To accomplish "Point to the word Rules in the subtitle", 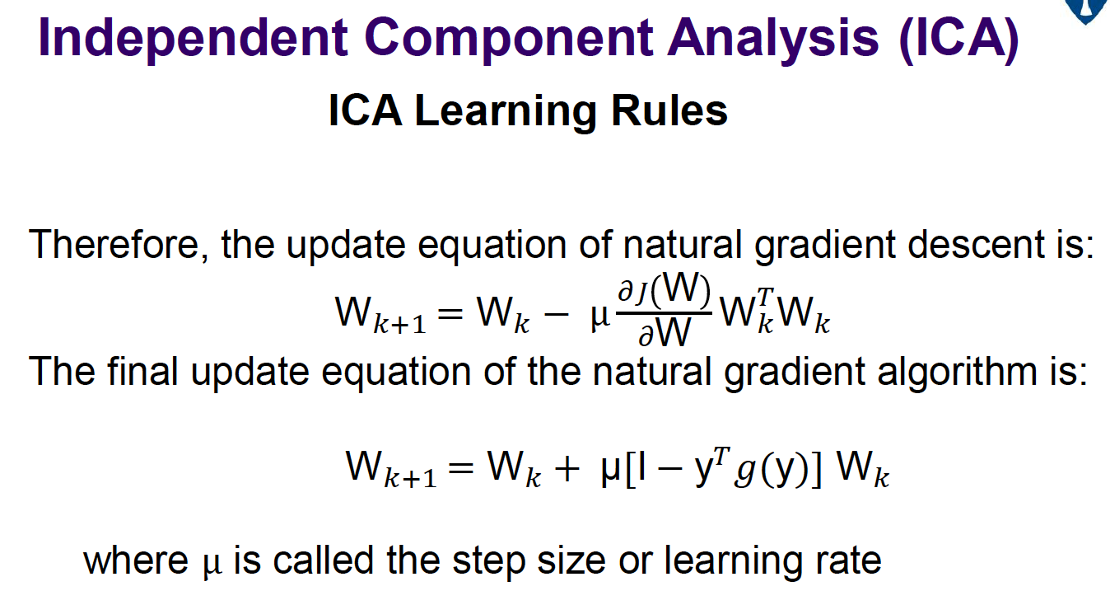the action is pyautogui.click(x=669, y=110).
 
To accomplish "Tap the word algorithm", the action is pyautogui.click(x=957, y=372).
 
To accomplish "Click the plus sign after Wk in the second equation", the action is pyautogui.click(x=567, y=468).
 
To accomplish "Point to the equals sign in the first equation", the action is pyautogui.click(x=450, y=314).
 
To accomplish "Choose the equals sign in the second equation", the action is pyautogui.click(x=461, y=468).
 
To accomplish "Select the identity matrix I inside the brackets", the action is pyautogui.click(x=642, y=467).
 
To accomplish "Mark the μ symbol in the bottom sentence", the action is pyautogui.click(x=212, y=565).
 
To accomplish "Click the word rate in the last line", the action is pyautogui.click(x=849, y=561).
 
